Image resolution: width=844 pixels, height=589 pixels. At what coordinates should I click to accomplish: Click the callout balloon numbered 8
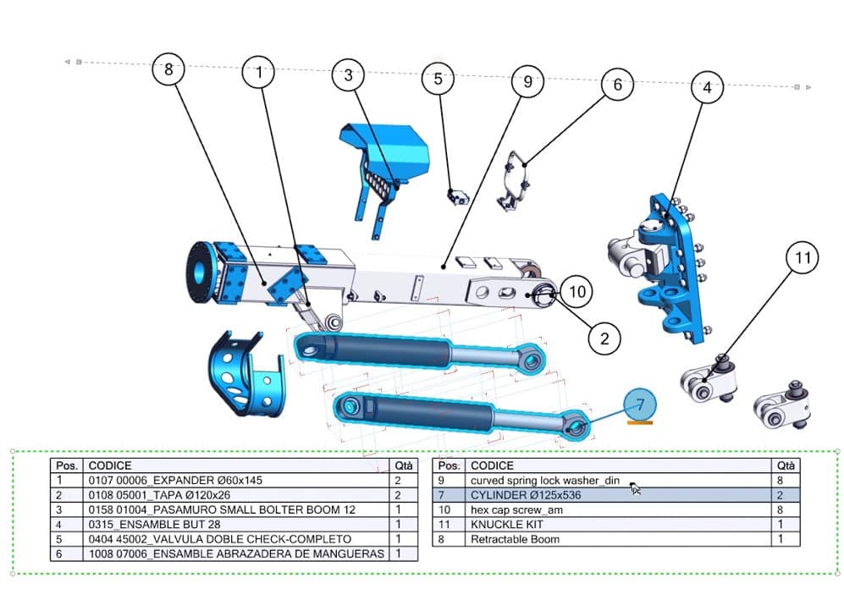[168, 70]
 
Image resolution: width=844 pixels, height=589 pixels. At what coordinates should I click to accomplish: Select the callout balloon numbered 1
[259, 74]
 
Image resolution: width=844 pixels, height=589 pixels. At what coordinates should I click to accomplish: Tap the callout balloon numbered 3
[348, 75]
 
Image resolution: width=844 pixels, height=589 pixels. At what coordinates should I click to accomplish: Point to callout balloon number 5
[438, 80]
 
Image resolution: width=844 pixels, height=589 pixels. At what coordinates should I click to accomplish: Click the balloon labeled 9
[527, 82]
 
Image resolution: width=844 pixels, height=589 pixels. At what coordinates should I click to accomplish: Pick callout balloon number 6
[617, 85]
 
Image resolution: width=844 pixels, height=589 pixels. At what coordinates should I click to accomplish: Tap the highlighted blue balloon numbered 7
[640, 404]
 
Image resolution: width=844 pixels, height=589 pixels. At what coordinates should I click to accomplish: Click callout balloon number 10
[576, 292]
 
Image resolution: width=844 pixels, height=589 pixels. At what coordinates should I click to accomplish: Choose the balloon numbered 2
[604, 339]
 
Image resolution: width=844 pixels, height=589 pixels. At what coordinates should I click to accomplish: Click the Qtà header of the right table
[786, 465]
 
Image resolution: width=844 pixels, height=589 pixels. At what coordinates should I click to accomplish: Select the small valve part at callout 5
[458, 196]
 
